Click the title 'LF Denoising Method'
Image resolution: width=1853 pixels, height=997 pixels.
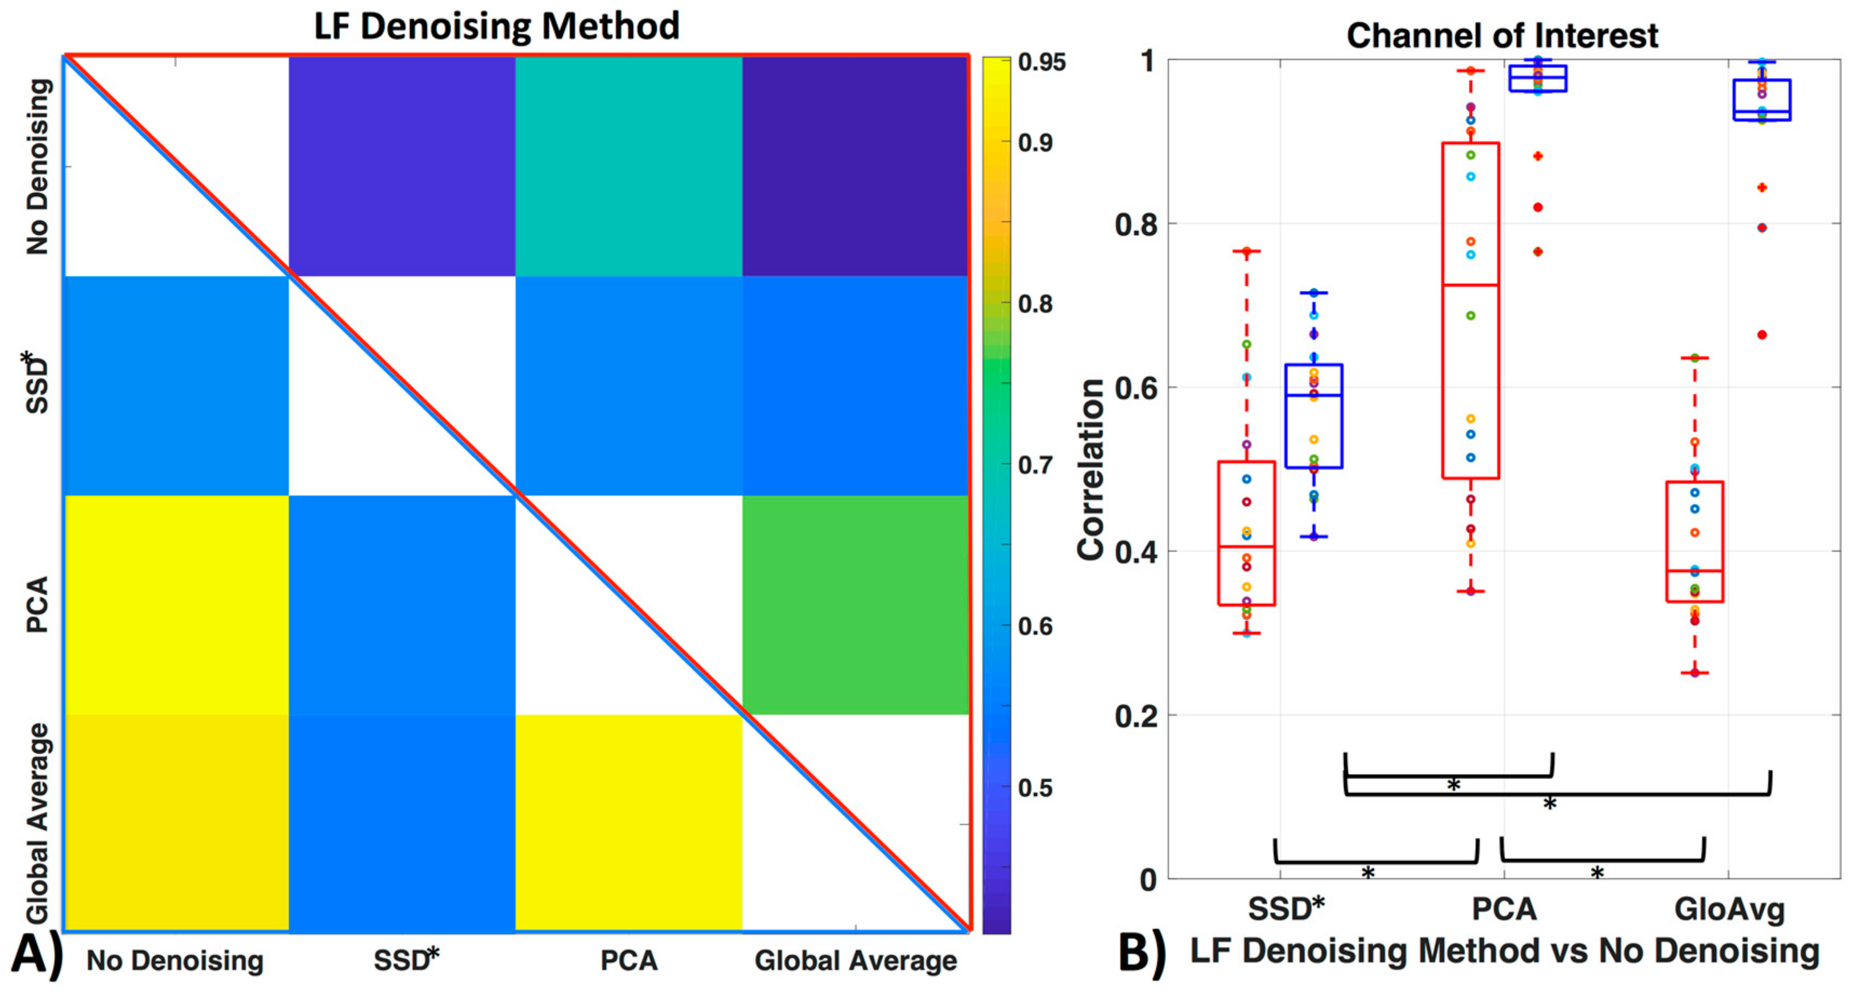[x=496, y=26]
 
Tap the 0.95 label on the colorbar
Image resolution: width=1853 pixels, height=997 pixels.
[x=1042, y=63]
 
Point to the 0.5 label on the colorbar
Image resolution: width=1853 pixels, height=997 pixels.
[x=1036, y=788]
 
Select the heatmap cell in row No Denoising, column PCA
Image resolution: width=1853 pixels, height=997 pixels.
[x=628, y=166]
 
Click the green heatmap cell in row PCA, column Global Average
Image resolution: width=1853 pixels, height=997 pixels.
[x=855, y=604]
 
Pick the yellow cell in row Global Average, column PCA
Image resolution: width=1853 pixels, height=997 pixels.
[x=628, y=822]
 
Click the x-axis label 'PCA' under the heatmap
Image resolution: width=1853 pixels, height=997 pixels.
[x=628, y=961]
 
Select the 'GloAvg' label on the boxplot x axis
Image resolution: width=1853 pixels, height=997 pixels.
[x=1729, y=909]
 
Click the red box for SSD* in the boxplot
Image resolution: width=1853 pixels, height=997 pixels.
[x=1247, y=532]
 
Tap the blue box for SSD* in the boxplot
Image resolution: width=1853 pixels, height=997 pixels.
[x=1314, y=416]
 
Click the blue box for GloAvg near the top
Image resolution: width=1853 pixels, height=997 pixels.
[x=1762, y=100]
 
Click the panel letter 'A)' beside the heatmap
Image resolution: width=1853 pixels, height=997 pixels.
[x=36, y=955]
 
